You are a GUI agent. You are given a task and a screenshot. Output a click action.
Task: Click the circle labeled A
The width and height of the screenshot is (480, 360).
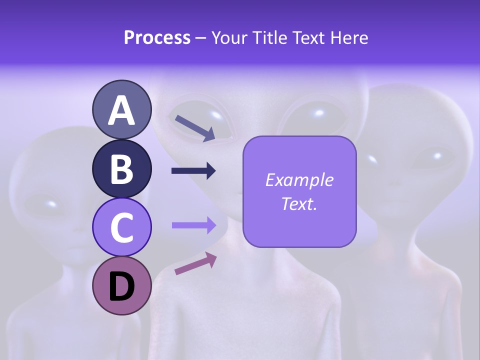click(121, 110)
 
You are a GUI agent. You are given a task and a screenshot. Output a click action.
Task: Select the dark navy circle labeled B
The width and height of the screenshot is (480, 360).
click(121, 168)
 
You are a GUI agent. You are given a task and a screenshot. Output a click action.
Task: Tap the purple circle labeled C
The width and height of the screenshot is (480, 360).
click(121, 227)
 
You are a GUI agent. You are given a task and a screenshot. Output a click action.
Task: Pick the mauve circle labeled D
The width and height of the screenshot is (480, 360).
click(121, 285)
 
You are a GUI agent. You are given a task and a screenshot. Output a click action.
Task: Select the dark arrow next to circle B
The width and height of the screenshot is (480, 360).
click(193, 171)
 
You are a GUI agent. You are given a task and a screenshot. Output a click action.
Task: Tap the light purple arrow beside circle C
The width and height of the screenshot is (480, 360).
click(193, 225)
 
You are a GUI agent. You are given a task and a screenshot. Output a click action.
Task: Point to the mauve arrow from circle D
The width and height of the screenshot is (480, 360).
click(195, 263)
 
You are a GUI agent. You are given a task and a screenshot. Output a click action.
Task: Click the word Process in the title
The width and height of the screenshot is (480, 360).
click(157, 38)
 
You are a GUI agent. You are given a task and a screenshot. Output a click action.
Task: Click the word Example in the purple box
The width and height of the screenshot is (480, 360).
click(299, 180)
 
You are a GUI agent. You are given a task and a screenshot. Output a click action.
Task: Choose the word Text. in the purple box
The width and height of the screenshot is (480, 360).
click(299, 204)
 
